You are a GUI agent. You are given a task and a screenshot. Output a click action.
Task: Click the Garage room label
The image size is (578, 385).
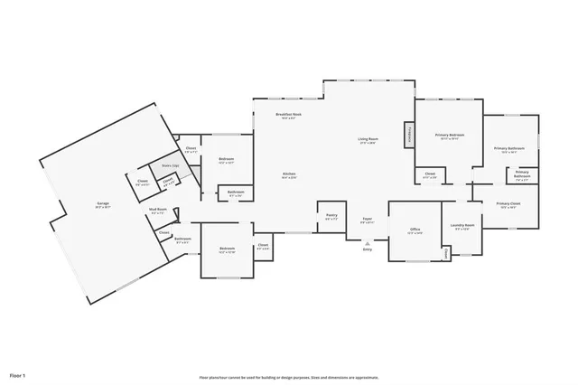[x=103, y=203]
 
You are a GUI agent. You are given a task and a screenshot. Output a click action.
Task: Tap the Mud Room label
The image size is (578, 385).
[x=156, y=209]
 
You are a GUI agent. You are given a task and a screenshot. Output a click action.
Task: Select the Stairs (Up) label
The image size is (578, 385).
[x=169, y=165]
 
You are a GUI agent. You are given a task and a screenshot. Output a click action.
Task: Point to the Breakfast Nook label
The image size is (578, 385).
[x=289, y=114]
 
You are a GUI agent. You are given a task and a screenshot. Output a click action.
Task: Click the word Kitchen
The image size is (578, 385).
[x=289, y=174]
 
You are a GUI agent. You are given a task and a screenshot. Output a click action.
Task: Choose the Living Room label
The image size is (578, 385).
[x=368, y=138]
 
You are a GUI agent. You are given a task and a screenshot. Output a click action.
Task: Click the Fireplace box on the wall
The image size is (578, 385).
[x=409, y=136]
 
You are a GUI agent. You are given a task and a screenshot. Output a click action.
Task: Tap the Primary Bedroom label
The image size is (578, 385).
[x=449, y=134]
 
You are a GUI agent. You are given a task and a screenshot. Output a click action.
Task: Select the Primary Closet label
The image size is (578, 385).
[x=508, y=203]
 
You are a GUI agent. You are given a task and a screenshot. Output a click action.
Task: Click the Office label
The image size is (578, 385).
[x=415, y=230]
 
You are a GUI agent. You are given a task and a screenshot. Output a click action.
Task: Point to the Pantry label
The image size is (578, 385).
[x=331, y=215]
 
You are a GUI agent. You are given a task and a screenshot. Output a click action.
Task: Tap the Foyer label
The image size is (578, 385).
[x=368, y=218]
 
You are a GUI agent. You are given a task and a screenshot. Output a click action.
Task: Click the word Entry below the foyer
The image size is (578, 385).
[x=368, y=249]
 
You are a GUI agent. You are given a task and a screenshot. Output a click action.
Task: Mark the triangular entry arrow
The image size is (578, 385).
[x=368, y=242]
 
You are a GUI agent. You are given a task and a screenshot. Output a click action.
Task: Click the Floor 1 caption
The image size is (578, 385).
[x=18, y=374]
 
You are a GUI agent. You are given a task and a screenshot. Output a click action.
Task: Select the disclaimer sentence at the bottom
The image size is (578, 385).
[x=289, y=377]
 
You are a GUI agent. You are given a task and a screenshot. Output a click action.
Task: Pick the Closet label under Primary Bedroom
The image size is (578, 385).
[x=430, y=174]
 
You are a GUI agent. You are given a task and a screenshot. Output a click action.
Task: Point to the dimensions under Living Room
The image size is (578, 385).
[x=368, y=144]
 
